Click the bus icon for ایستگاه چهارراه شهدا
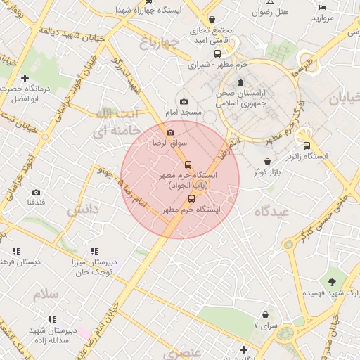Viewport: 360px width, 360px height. pyautogui.click(x=148, y=2)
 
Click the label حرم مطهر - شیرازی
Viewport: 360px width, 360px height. pyautogui.click(x=219, y=65)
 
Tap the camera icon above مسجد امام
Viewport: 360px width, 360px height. pyautogui.click(x=184, y=102)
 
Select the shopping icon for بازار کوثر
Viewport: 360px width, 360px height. pyautogui.click(x=268, y=162)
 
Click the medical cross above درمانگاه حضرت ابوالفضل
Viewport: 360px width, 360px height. pyautogui.click(x=25, y=78)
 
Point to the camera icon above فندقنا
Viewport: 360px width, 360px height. pyautogui.click(x=37, y=192)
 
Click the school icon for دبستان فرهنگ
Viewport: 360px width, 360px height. pyautogui.click(x=15, y=251)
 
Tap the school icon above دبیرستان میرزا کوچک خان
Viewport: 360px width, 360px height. pyautogui.click(x=94, y=251)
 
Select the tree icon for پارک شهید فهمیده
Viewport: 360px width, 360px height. pyautogui.click(x=331, y=281)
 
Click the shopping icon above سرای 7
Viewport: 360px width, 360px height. pyautogui.click(x=265, y=314)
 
